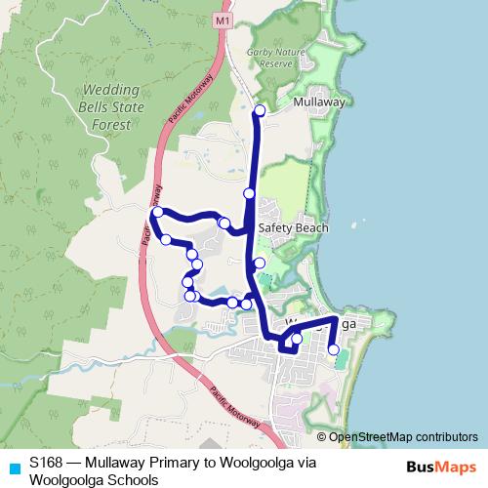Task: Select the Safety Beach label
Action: (x=294, y=228)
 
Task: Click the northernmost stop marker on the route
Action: (x=259, y=109)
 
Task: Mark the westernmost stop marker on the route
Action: (x=156, y=212)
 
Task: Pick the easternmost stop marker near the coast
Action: (x=333, y=349)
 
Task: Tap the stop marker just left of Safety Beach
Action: (x=224, y=224)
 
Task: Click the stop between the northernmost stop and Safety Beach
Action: (x=249, y=194)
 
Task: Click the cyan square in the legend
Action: (x=14, y=468)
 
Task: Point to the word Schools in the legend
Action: (x=133, y=479)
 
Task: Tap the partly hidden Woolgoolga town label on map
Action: (x=322, y=323)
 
